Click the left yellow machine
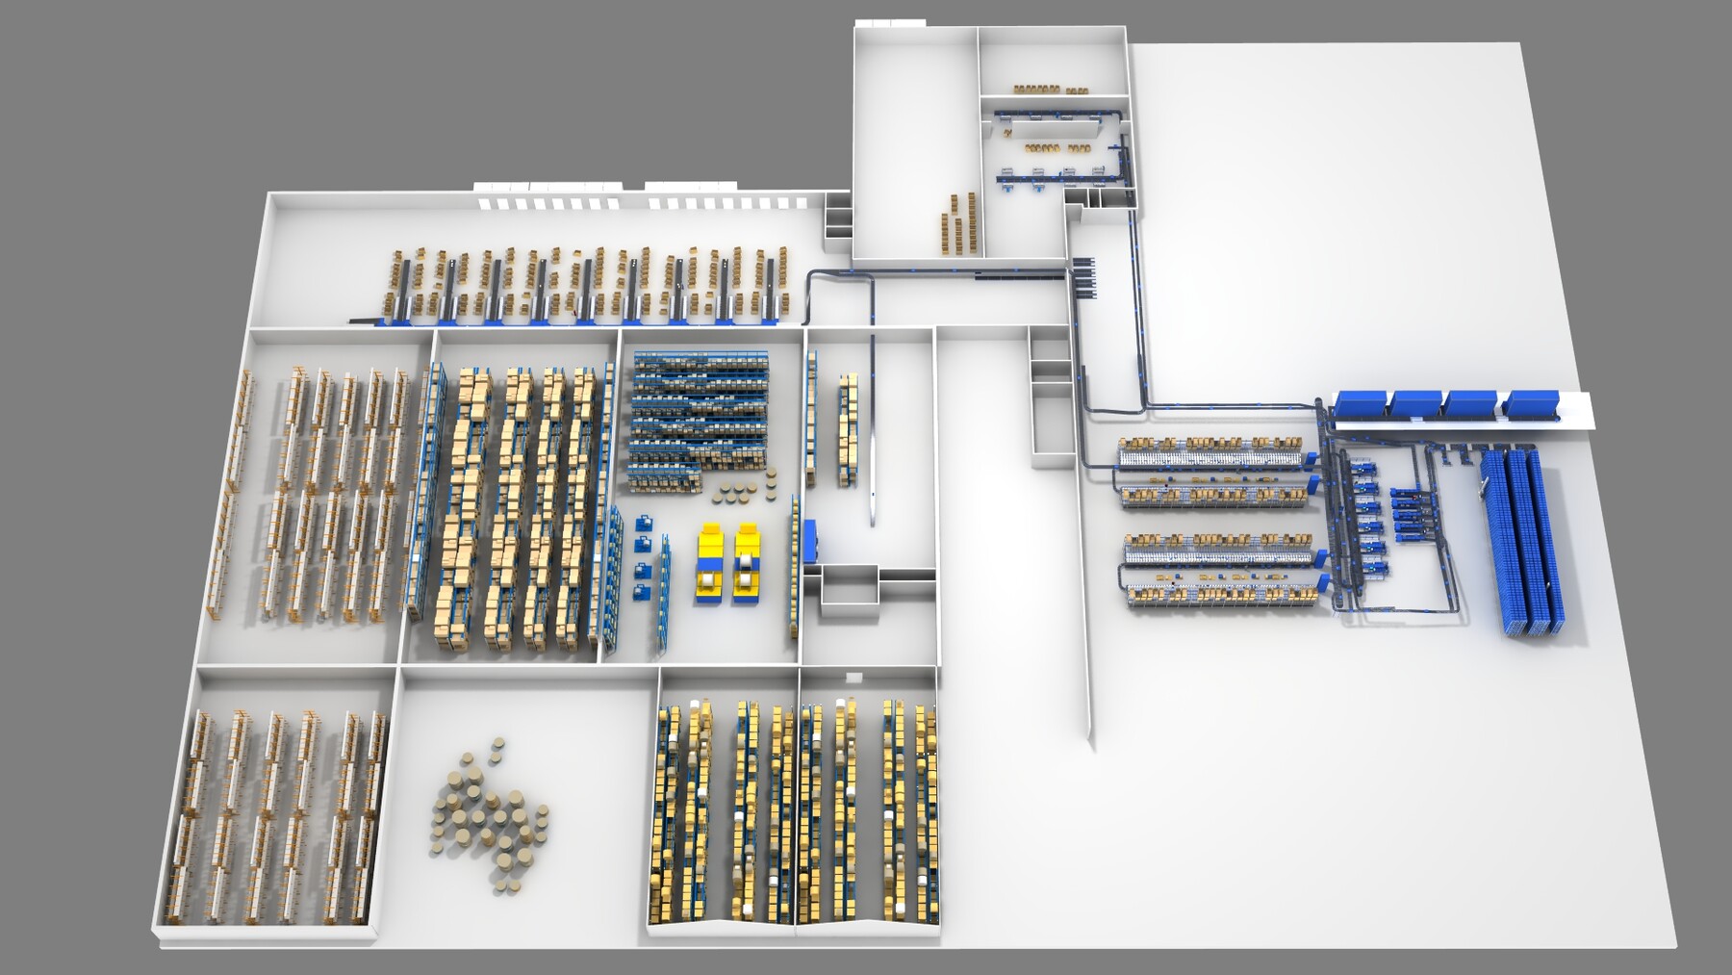(710, 564)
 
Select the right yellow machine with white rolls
(748, 564)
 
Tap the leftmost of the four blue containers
(1359, 403)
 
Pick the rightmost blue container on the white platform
(1532, 403)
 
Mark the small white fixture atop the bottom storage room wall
(850, 677)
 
